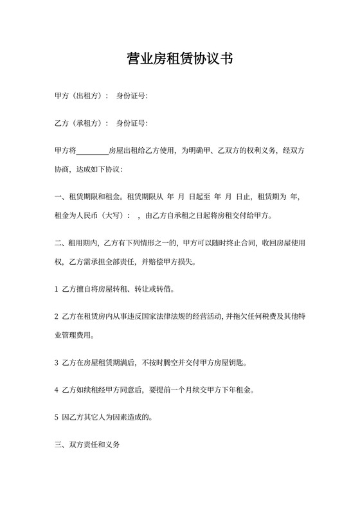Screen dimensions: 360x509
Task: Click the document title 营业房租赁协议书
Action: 179,60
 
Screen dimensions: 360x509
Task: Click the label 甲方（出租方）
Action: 82,96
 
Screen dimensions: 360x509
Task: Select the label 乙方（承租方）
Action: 82,123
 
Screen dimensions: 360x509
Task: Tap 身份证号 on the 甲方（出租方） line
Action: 132,96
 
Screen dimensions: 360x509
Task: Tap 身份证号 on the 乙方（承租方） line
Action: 132,123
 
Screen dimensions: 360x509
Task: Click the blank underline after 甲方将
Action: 93,152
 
